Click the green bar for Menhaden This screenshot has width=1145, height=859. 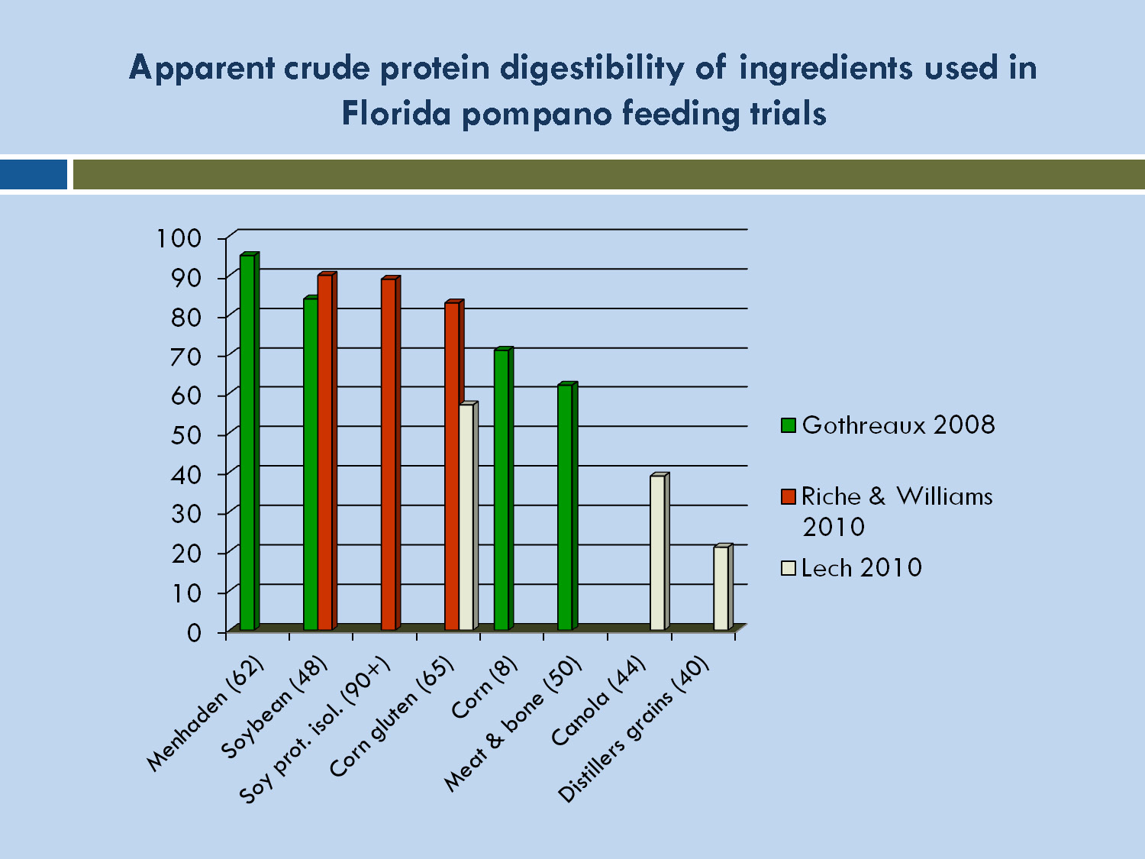click(248, 443)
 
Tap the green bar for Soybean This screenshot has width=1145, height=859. click(311, 464)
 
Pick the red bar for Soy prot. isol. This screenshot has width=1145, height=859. click(389, 454)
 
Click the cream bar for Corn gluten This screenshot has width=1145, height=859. click(467, 517)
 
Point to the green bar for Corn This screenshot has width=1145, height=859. click(502, 489)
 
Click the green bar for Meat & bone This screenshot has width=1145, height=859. click(566, 507)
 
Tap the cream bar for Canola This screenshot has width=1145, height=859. click(658, 553)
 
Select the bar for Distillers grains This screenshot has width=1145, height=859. click(722, 588)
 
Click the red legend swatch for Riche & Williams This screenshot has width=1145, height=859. click(789, 496)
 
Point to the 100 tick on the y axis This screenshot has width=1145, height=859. click(179, 238)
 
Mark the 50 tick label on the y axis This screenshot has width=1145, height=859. click(185, 435)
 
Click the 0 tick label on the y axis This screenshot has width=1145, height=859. click(194, 632)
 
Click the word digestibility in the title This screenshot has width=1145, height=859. click(593, 69)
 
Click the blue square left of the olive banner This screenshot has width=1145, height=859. click(34, 174)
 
